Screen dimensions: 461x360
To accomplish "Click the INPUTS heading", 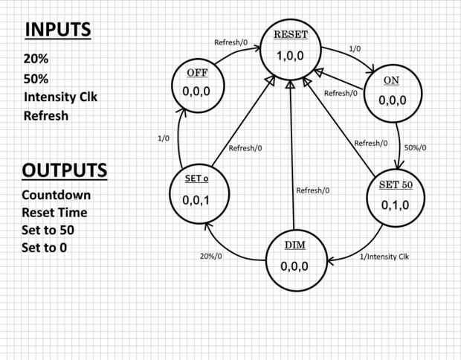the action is (x=58, y=30).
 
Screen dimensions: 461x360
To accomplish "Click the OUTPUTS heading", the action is (x=65, y=170).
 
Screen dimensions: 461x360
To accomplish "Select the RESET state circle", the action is (x=291, y=49).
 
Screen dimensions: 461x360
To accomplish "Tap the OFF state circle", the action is (x=198, y=86).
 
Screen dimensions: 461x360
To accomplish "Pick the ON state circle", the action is (x=393, y=93).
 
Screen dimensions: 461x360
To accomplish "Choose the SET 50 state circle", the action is (x=396, y=198).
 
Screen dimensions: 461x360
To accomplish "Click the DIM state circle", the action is (x=297, y=260).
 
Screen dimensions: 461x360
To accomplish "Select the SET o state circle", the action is (x=199, y=193).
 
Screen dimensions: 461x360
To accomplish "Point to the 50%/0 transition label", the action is (x=415, y=148).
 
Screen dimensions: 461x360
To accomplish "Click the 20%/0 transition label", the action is (x=211, y=256).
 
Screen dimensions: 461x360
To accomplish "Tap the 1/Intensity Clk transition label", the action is (x=384, y=257).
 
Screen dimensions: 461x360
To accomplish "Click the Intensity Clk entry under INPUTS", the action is (x=60, y=97).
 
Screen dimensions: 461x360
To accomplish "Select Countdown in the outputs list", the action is (x=57, y=196).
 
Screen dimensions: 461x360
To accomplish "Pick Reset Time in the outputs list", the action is (x=54, y=213).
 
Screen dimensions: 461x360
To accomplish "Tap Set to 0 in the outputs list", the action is (x=44, y=248).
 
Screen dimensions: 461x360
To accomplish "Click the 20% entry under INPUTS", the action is (x=36, y=59).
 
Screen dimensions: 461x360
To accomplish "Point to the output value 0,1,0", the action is (x=395, y=205).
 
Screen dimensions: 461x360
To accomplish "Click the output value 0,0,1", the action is (x=196, y=200).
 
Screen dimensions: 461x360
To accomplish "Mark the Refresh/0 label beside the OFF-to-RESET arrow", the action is (x=230, y=42).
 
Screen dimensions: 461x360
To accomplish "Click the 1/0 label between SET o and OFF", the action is (x=164, y=138).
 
